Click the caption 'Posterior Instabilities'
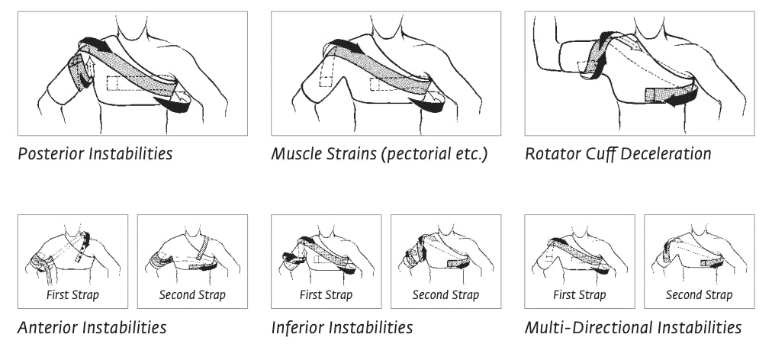pos(95,153)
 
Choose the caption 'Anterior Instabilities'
pos(92,328)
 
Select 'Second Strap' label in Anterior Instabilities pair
pos(192,295)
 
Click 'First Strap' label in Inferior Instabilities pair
pos(326,295)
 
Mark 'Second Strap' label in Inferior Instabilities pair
pos(446,295)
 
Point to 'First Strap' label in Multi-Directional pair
pos(580,295)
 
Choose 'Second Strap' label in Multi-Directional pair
pos(699,295)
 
